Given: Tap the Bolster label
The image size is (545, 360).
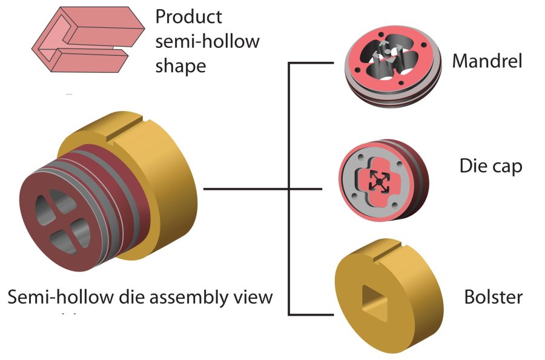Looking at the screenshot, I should [x=493, y=298].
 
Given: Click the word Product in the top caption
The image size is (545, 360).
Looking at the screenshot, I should [x=188, y=17].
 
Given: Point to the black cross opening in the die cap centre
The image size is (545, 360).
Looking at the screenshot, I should [x=378, y=179].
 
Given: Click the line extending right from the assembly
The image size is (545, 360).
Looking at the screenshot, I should [x=242, y=189].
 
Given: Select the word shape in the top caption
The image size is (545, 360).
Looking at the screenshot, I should [x=180, y=65].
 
